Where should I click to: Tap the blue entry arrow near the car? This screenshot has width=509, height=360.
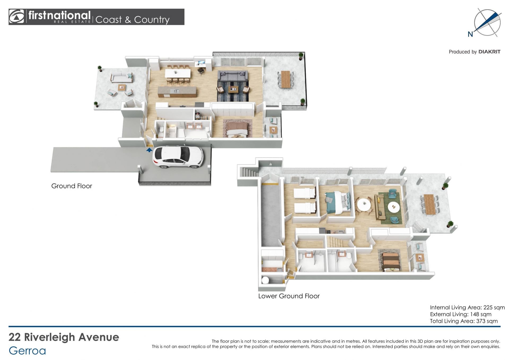click(x=149, y=150)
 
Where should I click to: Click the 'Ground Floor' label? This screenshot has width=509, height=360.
click(x=72, y=186)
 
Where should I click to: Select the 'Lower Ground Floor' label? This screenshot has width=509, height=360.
click(x=289, y=296)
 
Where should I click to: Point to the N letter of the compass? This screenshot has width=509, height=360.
click(x=470, y=34)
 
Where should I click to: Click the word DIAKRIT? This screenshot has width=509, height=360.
click(x=489, y=52)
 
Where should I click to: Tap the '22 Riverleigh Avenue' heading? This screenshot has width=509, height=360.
click(x=64, y=337)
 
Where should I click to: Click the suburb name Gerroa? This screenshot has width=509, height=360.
click(x=27, y=351)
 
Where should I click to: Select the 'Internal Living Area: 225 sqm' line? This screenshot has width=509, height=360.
click(x=467, y=307)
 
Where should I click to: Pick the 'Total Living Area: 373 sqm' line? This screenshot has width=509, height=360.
click(x=464, y=321)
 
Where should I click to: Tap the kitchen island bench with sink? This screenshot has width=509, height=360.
click(x=178, y=91)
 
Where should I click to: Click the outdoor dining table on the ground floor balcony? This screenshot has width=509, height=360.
click(x=285, y=79)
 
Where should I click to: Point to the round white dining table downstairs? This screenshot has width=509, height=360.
click(x=364, y=205)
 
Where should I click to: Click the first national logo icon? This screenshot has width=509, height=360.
click(x=17, y=17)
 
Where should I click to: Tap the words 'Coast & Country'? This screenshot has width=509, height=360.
click(x=132, y=20)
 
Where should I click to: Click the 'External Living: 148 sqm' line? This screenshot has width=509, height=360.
click(x=461, y=314)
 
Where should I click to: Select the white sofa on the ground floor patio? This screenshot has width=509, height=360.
click(x=121, y=78)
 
